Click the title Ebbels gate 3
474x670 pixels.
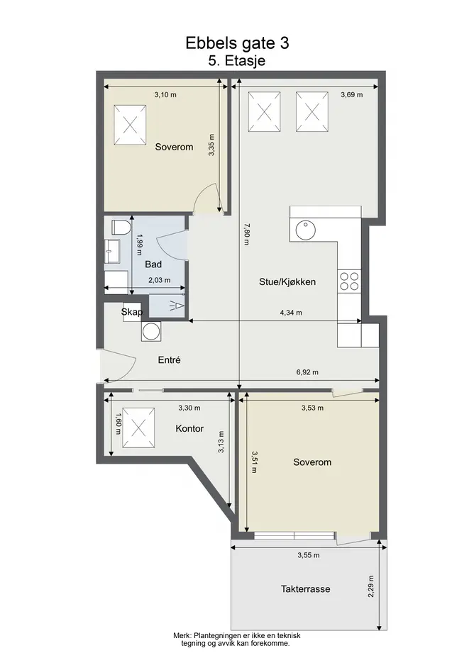click(x=237, y=43)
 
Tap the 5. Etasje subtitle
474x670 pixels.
click(x=236, y=60)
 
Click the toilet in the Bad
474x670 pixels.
click(x=121, y=227)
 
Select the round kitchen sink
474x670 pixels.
click(x=306, y=230)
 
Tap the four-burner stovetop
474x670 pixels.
click(x=349, y=281)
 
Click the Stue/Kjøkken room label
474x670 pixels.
click(x=287, y=282)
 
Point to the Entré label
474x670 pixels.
click(x=169, y=359)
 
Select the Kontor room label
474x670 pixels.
click(x=189, y=428)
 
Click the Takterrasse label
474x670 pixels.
click(x=305, y=588)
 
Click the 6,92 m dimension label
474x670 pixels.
click(x=307, y=372)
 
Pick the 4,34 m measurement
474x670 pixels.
click(x=291, y=313)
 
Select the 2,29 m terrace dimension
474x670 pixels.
click(x=370, y=586)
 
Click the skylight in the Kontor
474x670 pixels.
click(x=138, y=428)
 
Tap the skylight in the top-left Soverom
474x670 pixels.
click(x=130, y=125)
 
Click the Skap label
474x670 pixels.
click(x=132, y=312)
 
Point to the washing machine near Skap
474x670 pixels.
click(x=151, y=331)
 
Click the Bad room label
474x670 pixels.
click(x=153, y=264)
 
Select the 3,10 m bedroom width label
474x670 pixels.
click(x=165, y=94)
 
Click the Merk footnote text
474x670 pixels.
click(x=236, y=640)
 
